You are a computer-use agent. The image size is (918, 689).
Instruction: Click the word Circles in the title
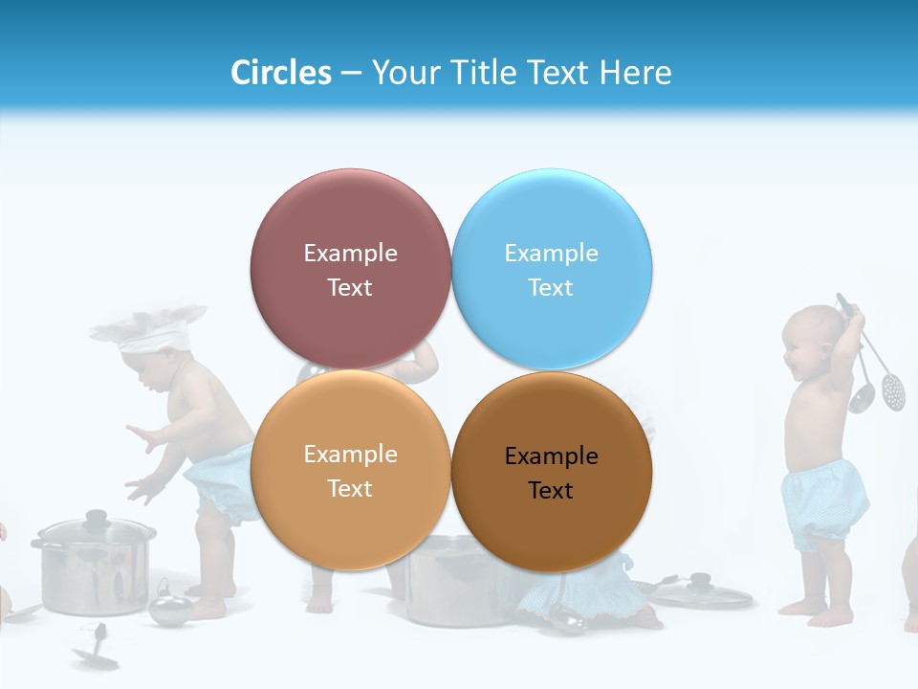[281, 73]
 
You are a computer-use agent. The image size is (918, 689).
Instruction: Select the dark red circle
[350, 270]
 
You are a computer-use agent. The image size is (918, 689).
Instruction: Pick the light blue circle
[552, 270]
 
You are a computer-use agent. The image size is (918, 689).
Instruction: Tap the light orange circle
[350, 471]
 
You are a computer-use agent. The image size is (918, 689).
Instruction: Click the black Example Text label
[551, 474]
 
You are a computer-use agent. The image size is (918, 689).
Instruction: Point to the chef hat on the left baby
[151, 327]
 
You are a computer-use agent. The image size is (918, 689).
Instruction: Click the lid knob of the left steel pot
[96, 518]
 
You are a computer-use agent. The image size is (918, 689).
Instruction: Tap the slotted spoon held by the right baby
[893, 388]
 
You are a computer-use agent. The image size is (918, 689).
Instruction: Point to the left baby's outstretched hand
[143, 439]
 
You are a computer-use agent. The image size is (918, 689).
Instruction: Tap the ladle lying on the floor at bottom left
[96, 651]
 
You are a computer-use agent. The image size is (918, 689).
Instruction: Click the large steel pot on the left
[93, 569]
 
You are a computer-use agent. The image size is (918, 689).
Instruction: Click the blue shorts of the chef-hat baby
[225, 478]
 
